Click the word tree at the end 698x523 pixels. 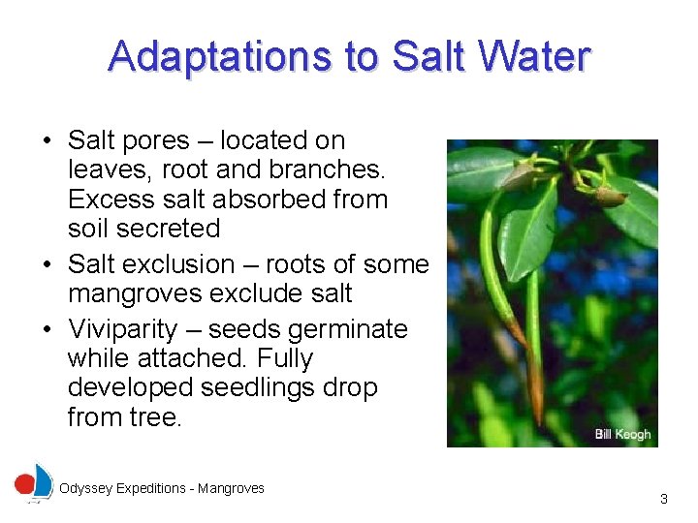158,417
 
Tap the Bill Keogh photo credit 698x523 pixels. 622,434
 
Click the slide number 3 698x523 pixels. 663,499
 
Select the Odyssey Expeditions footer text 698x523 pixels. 162,489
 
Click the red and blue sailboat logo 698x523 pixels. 34,483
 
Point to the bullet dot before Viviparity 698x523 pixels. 47,330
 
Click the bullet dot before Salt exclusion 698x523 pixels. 47,265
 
